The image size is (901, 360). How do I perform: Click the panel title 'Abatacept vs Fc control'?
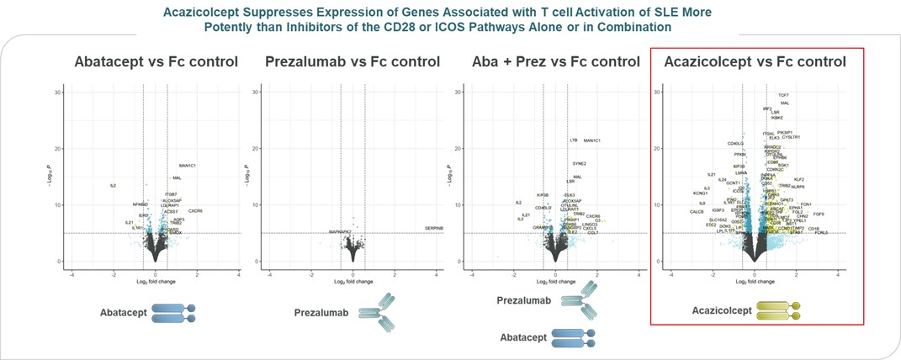(x=156, y=61)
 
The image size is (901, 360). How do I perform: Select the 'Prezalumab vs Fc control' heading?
(x=352, y=61)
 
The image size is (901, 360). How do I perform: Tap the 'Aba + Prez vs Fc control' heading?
(x=547, y=61)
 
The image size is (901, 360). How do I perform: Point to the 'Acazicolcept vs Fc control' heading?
(x=755, y=61)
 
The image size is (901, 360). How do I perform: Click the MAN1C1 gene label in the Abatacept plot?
(x=187, y=166)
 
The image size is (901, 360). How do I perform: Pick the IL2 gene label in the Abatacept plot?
(x=112, y=185)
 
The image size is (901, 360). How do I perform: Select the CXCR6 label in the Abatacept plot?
(x=195, y=211)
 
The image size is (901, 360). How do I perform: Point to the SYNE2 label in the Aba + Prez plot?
(x=579, y=163)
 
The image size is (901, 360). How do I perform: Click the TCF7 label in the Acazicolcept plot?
(x=783, y=95)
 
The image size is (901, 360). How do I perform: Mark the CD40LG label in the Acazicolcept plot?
(x=735, y=144)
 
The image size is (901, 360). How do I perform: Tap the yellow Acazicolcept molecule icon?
(x=779, y=311)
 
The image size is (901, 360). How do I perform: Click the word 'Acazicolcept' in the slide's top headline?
(x=250, y=11)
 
